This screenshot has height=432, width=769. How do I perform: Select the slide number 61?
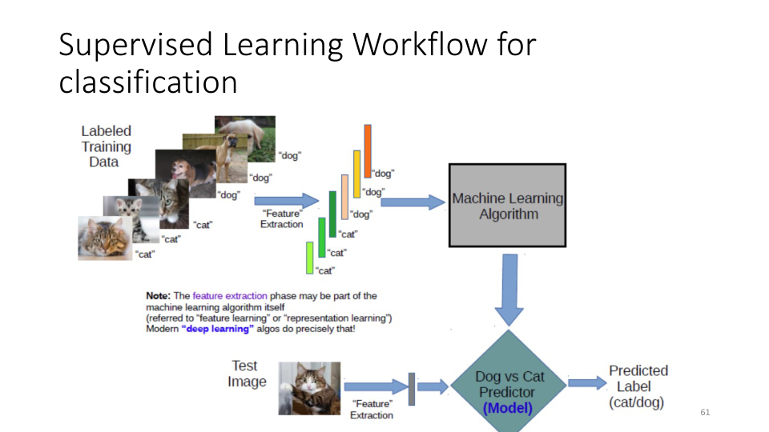[705, 412]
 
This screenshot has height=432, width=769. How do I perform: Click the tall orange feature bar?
[368, 150]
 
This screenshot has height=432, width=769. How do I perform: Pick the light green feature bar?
[309, 258]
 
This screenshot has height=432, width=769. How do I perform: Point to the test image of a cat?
[309, 388]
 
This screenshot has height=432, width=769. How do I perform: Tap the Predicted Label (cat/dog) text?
[638, 386]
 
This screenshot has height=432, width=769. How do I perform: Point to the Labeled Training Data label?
[105, 146]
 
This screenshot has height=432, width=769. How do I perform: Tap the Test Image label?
[246, 374]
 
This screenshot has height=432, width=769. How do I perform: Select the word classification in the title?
[148, 82]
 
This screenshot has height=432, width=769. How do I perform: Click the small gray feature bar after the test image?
[411, 388]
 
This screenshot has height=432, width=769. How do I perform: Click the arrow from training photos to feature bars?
[285, 200]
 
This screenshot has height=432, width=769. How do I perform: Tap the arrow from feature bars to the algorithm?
[413, 202]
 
